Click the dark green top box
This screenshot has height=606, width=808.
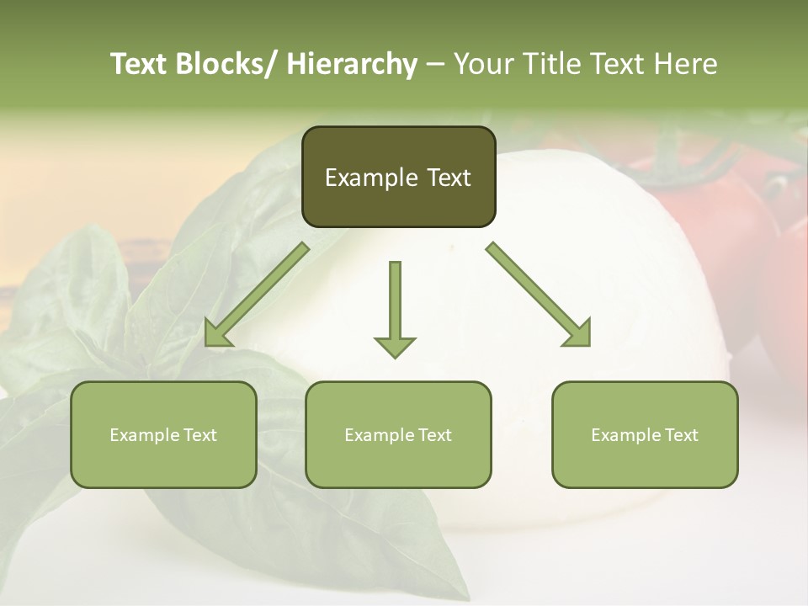click(x=398, y=177)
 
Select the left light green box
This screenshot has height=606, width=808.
click(x=163, y=434)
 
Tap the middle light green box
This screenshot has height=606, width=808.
click(x=398, y=434)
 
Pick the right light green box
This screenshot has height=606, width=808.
click(x=645, y=434)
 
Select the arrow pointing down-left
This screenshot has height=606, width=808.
click(x=255, y=295)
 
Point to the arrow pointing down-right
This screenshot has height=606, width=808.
click(x=539, y=295)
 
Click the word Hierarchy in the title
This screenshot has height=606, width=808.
click(x=352, y=64)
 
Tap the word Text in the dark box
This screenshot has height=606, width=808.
click(x=446, y=178)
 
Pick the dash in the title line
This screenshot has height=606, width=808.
click(x=435, y=64)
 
